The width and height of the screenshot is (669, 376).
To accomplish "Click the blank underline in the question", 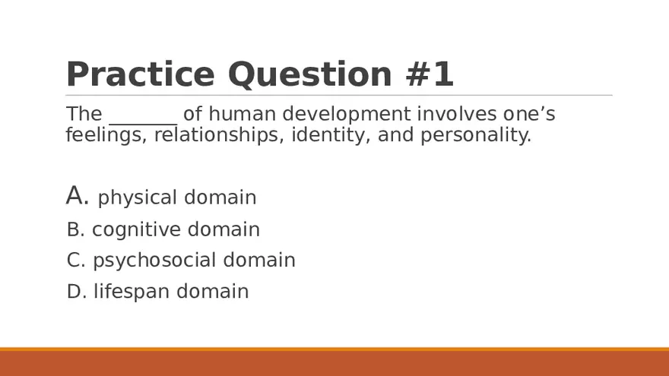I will [x=143, y=122].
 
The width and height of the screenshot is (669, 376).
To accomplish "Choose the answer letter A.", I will [x=78, y=196].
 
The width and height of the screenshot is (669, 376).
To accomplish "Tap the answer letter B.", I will [x=75, y=229].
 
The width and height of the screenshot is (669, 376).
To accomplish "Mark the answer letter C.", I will [x=75, y=261].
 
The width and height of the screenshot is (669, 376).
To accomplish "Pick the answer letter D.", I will [x=76, y=292].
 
